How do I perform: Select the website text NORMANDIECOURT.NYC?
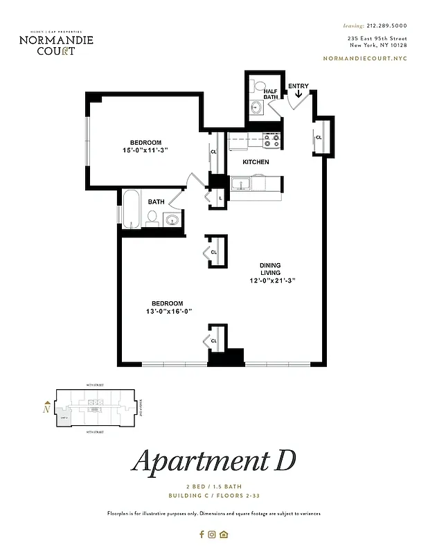365,60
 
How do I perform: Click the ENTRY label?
298,87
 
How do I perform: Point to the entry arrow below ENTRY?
298,96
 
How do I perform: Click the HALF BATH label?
270,94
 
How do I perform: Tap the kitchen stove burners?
271,141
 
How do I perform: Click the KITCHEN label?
256,162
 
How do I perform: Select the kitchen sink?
242,184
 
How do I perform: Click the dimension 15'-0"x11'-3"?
145,150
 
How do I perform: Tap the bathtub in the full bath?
132,208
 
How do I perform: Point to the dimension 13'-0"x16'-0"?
168,312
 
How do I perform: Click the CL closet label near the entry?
319,138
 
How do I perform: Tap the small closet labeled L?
220,198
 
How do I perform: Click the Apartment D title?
213,462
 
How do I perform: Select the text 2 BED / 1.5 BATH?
213,488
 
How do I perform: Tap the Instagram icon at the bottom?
213,534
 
